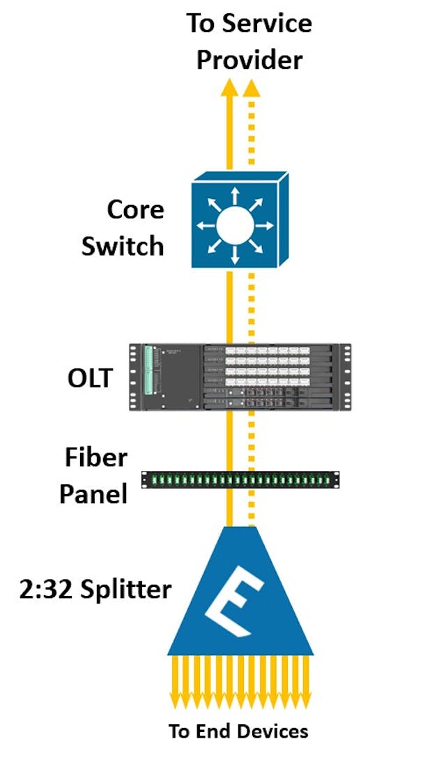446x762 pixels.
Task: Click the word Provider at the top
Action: click(x=249, y=60)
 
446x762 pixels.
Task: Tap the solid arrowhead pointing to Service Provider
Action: click(x=229, y=89)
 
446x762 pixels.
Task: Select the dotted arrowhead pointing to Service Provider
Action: click(x=251, y=89)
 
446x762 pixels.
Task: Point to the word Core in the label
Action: click(x=135, y=209)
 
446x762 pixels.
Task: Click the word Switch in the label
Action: click(x=123, y=246)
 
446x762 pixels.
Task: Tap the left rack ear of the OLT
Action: click(x=134, y=377)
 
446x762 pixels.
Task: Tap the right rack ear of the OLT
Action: click(x=344, y=377)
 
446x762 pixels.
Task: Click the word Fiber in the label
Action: click(x=96, y=458)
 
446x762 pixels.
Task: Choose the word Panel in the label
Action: click(x=93, y=493)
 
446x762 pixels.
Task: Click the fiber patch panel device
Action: click(x=240, y=479)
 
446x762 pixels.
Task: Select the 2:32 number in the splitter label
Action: click(x=47, y=590)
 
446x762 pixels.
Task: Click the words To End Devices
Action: click(x=238, y=731)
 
